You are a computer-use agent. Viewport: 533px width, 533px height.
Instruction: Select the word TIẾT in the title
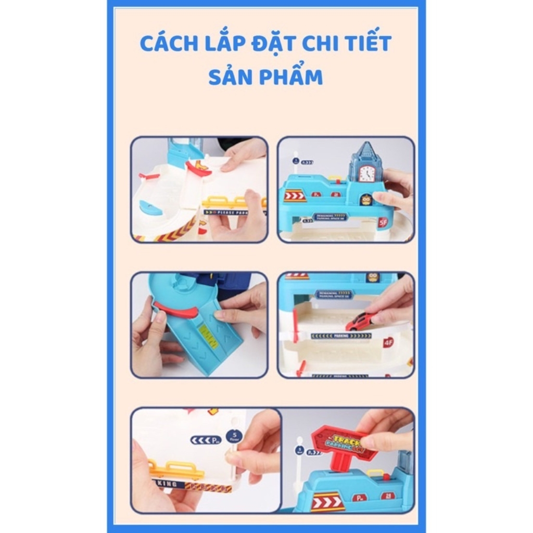pos(364,44)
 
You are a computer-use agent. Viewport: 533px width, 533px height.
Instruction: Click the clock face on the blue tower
pos(367,173)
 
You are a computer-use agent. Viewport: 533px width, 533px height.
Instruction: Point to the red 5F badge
pos(383,222)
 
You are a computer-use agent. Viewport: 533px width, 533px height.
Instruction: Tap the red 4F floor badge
pos(388,342)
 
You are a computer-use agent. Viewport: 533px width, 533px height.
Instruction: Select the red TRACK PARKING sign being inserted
pos(344,442)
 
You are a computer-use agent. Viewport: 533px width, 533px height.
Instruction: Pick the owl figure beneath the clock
pos(366,199)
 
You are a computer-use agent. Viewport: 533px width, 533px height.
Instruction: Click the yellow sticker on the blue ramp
pos(208,337)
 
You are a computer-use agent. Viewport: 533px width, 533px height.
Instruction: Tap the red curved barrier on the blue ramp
pos(176,311)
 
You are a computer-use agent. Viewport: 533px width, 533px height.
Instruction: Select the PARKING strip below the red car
pos(341,336)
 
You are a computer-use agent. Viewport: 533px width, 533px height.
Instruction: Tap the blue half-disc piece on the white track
pos(151,208)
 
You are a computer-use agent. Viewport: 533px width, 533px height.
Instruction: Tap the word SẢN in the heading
pos(230,76)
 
